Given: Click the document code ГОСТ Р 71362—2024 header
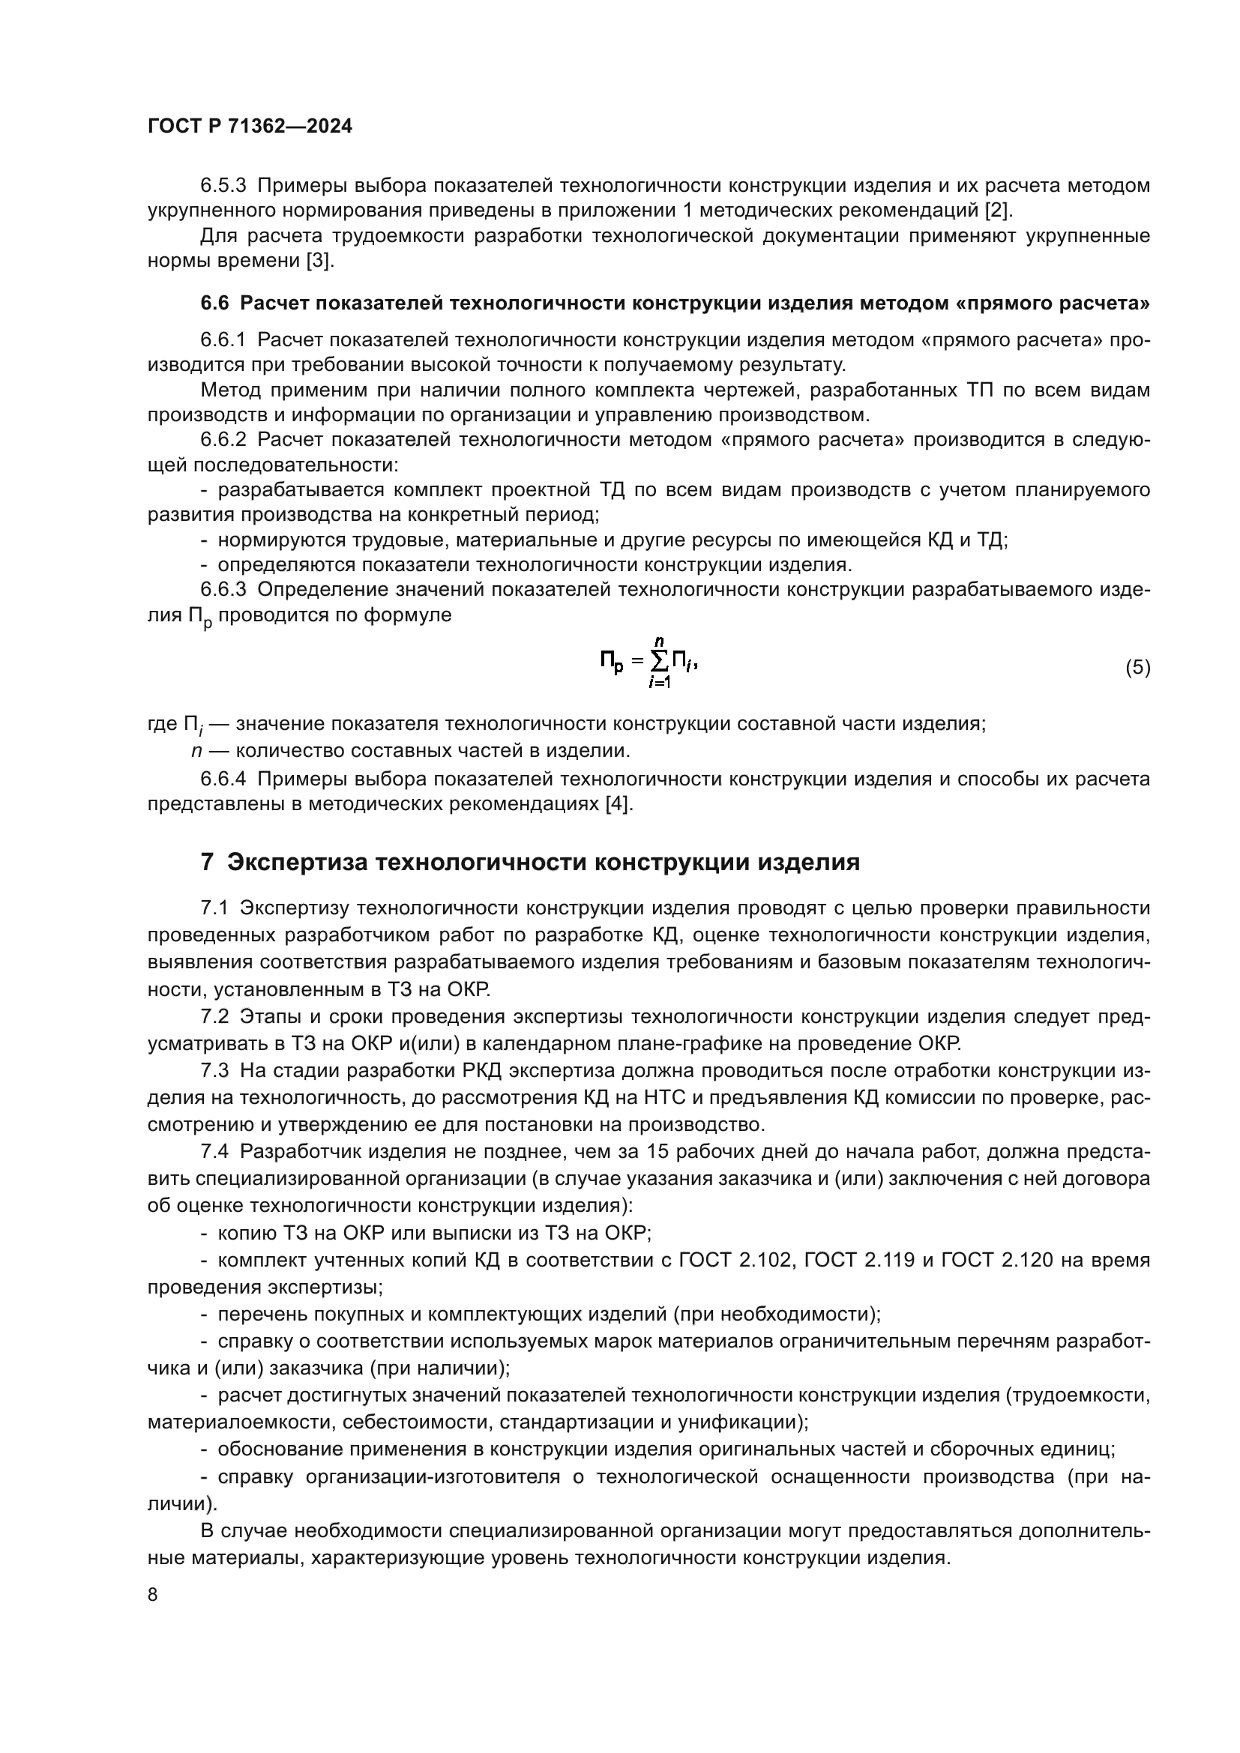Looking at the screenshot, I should click(x=250, y=127).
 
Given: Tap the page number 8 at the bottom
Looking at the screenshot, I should click(x=153, y=1594).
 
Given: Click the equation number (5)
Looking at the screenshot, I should click(x=1137, y=667).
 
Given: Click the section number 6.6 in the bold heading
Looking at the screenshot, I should click(x=214, y=303).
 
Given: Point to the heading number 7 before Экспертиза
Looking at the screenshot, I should click(x=207, y=862).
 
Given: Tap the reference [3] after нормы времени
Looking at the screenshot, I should click(x=319, y=260).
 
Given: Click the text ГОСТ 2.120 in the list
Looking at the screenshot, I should click(x=996, y=1260).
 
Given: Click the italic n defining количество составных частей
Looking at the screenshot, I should click(x=196, y=751).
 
